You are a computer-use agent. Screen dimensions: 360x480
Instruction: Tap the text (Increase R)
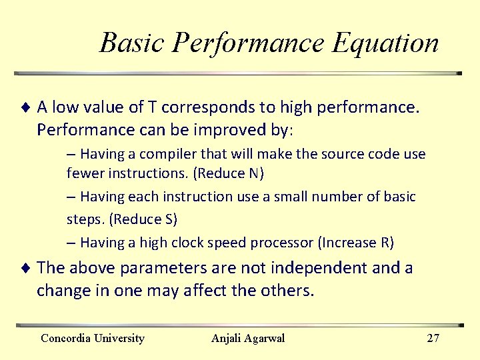pos(357,242)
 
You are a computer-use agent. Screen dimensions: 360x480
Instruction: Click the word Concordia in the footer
pos(67,338)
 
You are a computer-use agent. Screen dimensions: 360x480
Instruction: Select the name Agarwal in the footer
pos(265,338)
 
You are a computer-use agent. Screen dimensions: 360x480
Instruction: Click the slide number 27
pos(433,338)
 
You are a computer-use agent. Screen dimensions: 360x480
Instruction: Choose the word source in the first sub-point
pos(336,154)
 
